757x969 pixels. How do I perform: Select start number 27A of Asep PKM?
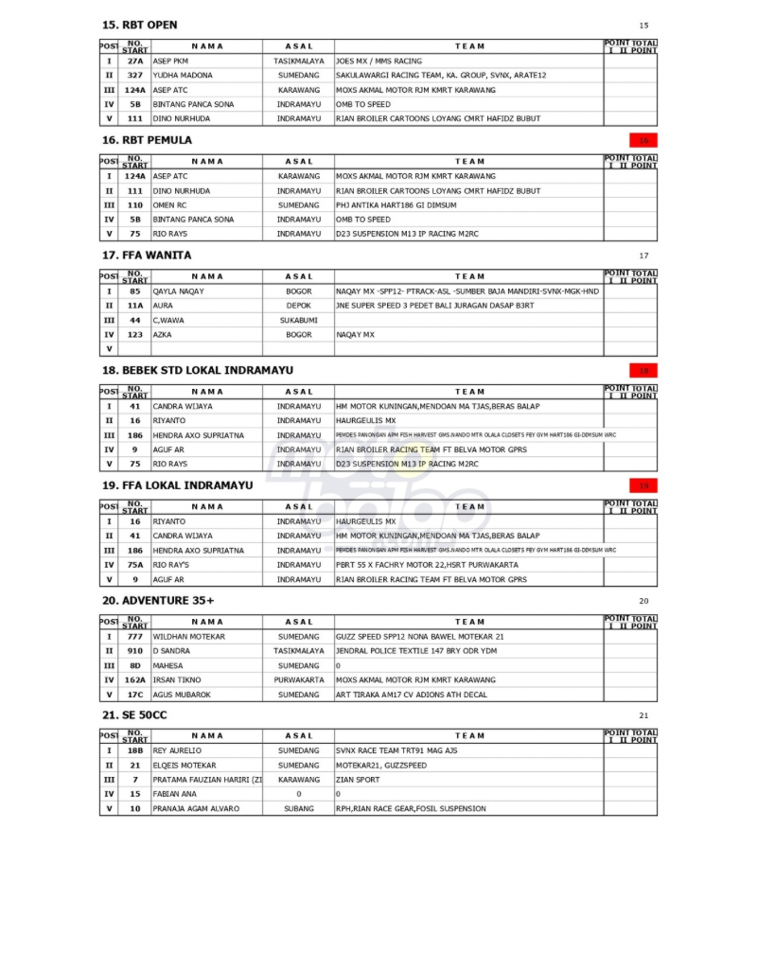(135, 61)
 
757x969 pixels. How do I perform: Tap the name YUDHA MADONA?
(183, 75)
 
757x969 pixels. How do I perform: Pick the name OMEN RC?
(170, 205)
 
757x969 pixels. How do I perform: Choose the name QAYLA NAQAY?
(179, 291)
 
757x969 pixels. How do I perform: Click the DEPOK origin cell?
(298, 306)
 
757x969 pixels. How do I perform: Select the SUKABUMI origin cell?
(298, 321)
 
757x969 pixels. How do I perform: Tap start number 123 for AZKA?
(135, 335)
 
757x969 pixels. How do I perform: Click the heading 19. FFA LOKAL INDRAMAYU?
(178, 485)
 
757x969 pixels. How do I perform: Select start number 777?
(135, 637)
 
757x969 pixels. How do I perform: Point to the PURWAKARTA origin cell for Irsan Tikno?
(298, 680)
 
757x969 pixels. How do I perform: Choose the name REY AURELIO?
(178, 751)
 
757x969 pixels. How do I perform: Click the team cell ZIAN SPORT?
(358, 780)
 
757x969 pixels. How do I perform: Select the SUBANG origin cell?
(298, 809)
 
